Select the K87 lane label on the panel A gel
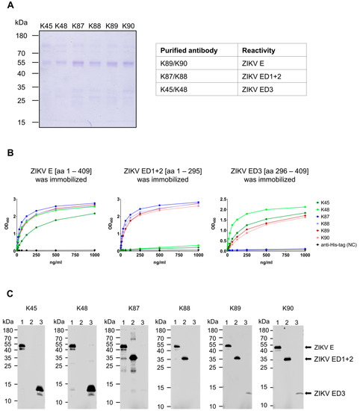point(78,26)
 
